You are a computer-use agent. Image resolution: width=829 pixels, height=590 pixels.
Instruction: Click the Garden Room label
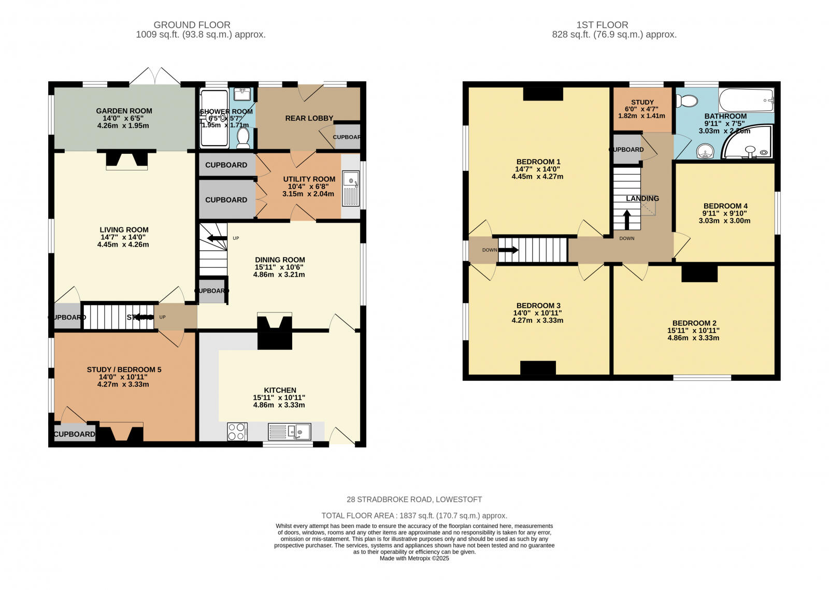[x=124, y=111]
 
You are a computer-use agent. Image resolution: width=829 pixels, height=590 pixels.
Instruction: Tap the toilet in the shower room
[x=243, y=138]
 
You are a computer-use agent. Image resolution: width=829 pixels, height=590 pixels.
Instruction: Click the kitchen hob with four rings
[x=237, y=432]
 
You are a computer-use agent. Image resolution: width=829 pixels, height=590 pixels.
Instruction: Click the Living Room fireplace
[x=126, y=161]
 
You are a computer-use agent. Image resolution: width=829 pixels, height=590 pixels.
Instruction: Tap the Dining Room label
[x=280, y=260]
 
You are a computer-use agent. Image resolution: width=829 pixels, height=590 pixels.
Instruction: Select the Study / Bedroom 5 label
[x=124, y=370]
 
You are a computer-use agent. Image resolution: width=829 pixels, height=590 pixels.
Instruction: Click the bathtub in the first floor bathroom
[x=746, y=99]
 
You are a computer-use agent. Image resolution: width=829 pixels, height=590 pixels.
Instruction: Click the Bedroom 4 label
[x=725, y=206]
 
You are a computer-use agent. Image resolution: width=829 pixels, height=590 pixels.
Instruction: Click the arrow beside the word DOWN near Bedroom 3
[x=508, y=250]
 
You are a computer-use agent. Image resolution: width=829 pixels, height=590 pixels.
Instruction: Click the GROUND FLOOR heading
[x=192, y=25]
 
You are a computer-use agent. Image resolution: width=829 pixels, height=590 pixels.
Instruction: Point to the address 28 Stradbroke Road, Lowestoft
[x=414, y=500]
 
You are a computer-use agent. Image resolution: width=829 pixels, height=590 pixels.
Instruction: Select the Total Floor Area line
[x=414, y=516]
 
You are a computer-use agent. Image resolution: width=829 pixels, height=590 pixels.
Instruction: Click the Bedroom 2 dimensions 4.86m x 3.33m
[x=693, y=338]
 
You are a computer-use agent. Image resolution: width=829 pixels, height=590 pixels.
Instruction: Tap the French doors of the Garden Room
[x=155, y=77]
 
